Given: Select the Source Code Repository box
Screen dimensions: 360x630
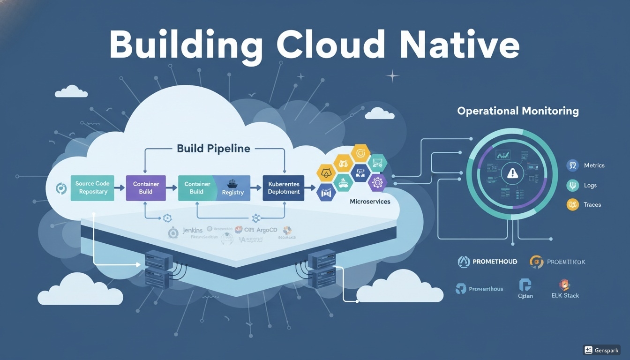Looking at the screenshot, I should [x=92, y=188].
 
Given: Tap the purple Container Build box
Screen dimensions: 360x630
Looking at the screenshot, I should [x=146, y=188].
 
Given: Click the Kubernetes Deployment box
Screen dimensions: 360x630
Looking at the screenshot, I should [x=284, y=188].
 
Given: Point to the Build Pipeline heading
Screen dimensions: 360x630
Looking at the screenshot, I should [x=213, y=149].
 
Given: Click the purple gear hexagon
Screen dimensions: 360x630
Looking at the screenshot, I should [x=377, y=182].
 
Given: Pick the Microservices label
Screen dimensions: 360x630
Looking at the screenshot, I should [x=370, y=201].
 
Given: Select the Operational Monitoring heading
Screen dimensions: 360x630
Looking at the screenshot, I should [x=517, y=111].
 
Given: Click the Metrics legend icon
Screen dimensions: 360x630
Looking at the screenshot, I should [x=572, y=165].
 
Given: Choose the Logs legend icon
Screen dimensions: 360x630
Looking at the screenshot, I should [x=572, y=185].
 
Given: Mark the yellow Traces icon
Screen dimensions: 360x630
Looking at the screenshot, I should [x=572, y=204].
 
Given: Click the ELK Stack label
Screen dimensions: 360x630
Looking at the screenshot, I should [x=565, y=296].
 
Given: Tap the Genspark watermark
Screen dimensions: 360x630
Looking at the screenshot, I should [x=601, y=350].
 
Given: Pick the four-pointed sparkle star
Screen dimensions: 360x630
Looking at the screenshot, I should [x=392, y=75].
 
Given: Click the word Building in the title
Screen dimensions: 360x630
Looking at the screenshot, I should [x=186, y=46].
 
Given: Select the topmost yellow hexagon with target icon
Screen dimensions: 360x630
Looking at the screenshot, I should [x=360, y=153].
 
